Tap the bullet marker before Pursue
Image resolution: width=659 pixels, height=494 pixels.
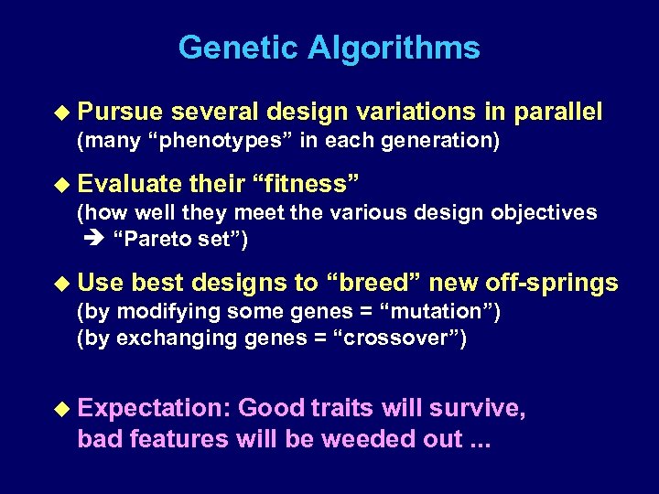[x=61, y=113]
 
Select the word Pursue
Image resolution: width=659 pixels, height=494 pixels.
[x=120, y=113]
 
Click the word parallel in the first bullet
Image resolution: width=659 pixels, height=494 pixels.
[x=558, y=113]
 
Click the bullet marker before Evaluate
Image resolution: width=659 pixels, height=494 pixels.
[x=61, y=184]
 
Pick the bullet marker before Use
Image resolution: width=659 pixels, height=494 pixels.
[x=61, y=284]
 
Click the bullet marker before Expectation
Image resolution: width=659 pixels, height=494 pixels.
[x=61, y=409]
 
